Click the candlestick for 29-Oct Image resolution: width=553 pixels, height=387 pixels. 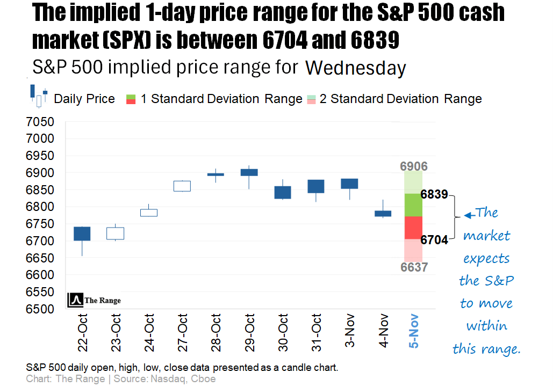249,172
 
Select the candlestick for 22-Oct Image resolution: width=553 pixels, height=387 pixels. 82,233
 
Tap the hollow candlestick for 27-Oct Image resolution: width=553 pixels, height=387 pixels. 182,186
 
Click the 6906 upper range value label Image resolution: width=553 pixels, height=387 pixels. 414,166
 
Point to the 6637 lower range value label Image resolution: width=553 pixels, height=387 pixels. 414,267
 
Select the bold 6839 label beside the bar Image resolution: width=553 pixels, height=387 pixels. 434,194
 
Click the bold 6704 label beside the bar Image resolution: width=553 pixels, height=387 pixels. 434,240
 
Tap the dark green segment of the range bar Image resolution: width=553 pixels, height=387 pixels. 414,205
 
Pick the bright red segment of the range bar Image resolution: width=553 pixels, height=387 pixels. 414,228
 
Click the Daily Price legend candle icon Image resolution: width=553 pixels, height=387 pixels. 39,96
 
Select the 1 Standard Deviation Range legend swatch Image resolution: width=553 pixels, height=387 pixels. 131,99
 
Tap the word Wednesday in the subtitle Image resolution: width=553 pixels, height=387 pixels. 355,69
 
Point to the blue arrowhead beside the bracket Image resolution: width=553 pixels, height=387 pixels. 468,215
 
